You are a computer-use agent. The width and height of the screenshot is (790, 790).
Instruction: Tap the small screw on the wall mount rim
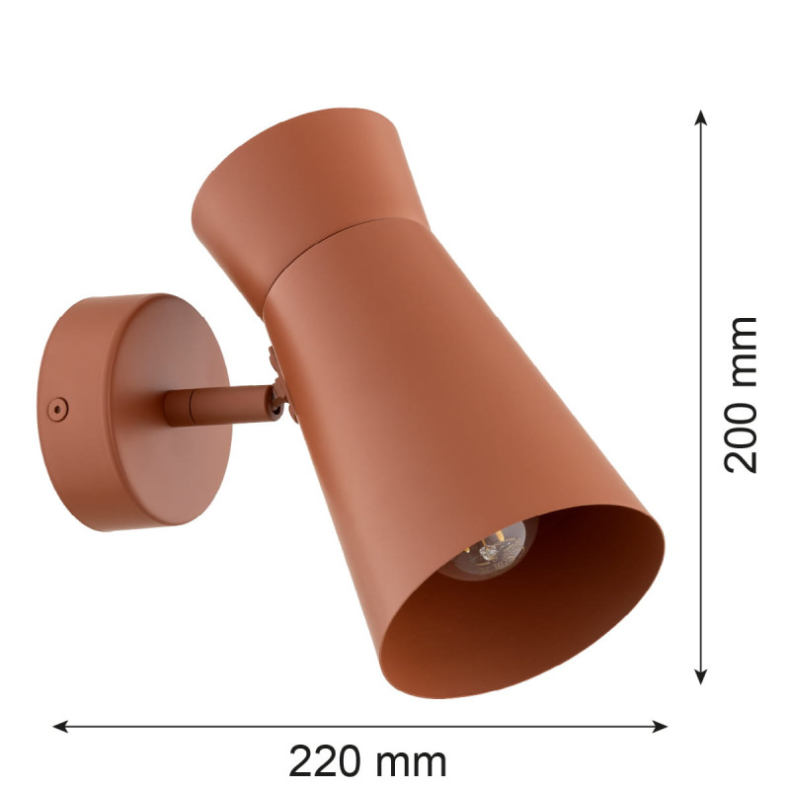tap(57, 408)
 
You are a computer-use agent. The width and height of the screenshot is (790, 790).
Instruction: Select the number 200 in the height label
tap(741, 435)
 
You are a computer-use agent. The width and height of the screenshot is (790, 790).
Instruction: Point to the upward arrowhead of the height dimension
tap(700, 117)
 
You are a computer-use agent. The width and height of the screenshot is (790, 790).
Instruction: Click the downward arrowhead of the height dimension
tap(700, 676)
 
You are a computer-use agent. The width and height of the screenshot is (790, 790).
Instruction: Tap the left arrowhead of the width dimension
tap(60, 726)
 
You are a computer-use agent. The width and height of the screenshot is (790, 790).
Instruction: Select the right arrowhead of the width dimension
tap(660, 726)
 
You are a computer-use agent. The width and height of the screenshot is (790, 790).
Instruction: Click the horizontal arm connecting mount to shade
tap(217, 406)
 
